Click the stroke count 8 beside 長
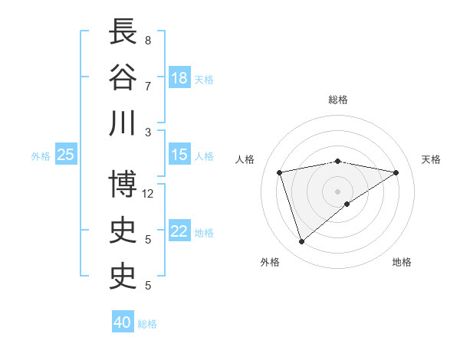(x=147, y=40)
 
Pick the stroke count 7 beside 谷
(x=147, y=86)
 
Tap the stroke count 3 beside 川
(x=147, y=132)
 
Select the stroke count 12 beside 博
(x=149, y=194)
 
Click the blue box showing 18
(x=179, y=78)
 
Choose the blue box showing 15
(x=179, y=155)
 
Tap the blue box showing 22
(x=179, y=232)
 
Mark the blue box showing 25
(x=66, y=155)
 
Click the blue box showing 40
(x=123, y=322)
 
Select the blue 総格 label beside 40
(x=147, y=324)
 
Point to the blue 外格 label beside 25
(x=41, y=156)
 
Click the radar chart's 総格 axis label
(x=338, y=100)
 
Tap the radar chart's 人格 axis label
(x=245, y=159)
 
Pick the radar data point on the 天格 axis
(x=396, y=172)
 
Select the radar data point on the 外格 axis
(x=301, y=242)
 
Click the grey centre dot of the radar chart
(x=337, y=191)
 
